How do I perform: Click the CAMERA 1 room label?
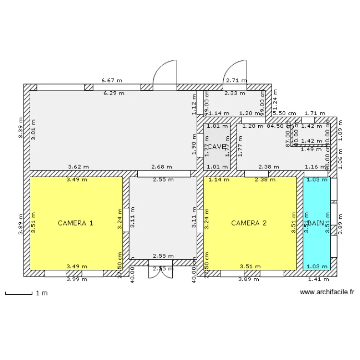75,223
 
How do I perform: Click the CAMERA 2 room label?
249,223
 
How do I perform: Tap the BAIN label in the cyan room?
316,223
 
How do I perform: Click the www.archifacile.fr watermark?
326,291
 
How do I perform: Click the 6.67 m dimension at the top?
111,81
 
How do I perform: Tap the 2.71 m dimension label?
236,81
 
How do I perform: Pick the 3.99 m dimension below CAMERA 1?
76,279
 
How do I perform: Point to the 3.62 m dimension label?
78,167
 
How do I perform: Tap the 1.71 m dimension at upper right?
315,113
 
